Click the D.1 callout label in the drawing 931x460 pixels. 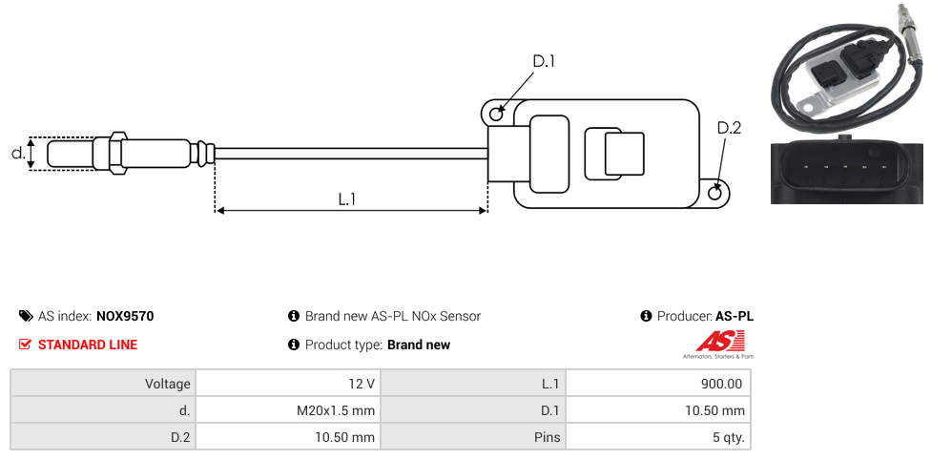click(x=543, y=62)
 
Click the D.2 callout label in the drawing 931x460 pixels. click(x=728, y=128)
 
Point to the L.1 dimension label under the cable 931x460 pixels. click(x=346, y=199)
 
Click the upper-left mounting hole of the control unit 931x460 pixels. click(x=496, y=115)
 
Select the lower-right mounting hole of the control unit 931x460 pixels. click(x=716, y=194)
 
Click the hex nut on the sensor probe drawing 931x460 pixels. click(x=118, y=153)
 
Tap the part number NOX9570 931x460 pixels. click(x=125, y=316)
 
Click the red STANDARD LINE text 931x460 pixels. click(x=88, y=345)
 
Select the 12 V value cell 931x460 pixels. click(x=362, y=384)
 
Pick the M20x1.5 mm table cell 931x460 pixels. click(x=336, y=410)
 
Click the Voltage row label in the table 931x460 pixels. click(x=168, y=384)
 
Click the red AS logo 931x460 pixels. click(x=713, y=341)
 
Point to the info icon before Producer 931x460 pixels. click(x=646, y=316)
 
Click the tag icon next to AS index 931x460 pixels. click(x=26, y=316)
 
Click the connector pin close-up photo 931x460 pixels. click(x=846, y=172)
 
